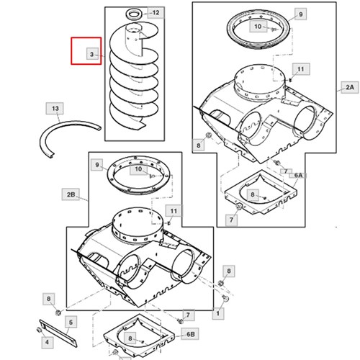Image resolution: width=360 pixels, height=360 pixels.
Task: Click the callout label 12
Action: (x=156, y=12)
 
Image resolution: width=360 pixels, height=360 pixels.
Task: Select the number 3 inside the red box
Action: (x=92, y=54)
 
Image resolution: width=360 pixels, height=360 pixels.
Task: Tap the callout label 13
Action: (x=55, y=109)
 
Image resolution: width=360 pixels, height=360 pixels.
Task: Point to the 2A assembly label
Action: (x=350, y=87)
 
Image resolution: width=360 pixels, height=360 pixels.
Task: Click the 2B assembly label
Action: (x=71, y=194)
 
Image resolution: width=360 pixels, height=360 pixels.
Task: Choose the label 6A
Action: (x=298, y=176)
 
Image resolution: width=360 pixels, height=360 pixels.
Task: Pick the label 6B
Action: (x=190, y=334)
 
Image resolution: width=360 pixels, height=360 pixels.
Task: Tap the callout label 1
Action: (x=218, y=313)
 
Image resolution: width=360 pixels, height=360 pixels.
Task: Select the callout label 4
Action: (x=47, y=342)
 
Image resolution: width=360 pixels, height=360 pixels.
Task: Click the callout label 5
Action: (x=71, y=322)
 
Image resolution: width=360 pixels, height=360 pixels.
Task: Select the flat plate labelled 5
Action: (x=58, y=333)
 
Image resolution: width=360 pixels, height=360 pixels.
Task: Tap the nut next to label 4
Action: (x=38, y=330)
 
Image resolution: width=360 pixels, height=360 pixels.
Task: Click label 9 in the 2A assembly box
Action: (x=300, y=14)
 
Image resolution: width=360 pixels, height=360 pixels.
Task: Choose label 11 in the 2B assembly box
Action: (x=174, y=211)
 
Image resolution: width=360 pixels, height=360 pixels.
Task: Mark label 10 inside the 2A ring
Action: (x=258, y=26)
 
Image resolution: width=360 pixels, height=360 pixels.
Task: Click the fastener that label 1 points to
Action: (x=225, y=298)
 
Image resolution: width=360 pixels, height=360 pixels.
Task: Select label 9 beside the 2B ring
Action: (x=97, y=165)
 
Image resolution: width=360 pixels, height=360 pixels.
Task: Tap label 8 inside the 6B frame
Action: (x=130, y=338)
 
